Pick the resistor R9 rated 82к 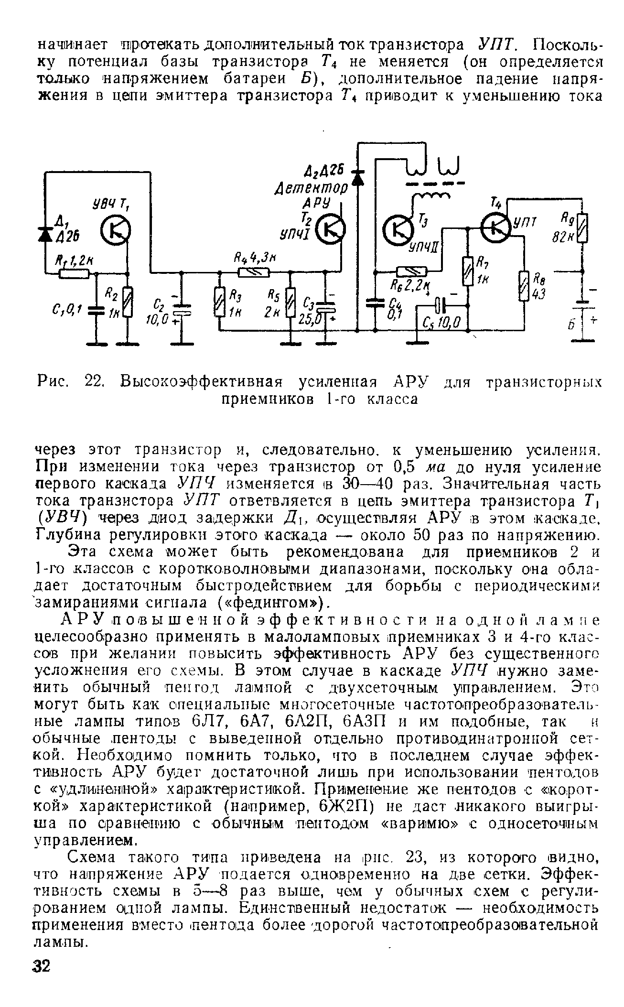(x=582, y=229)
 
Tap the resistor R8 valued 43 (x=524, y=286)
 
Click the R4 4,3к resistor (x=254, y=272)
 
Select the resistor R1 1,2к (x=74, y=274)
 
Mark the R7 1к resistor (x=467, y=271)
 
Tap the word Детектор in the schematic (x=311, y=188)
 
